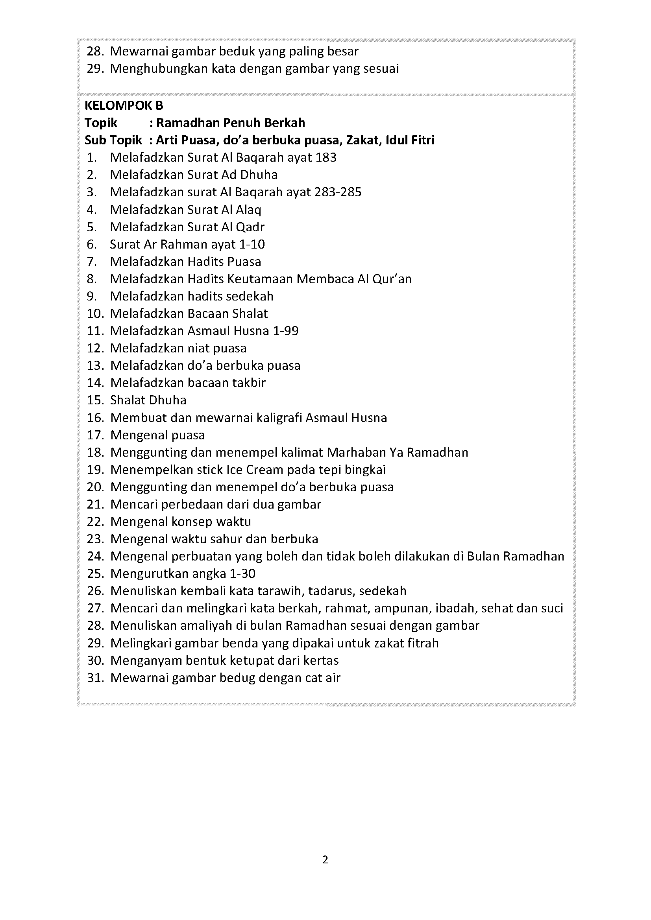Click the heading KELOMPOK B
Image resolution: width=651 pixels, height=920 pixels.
pyautogui.click(x=124, y=105)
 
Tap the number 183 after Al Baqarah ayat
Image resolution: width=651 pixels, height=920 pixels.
pyautogui.click(x=326, y=157)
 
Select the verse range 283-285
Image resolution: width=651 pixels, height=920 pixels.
pyautogui.click(x=338, y=192)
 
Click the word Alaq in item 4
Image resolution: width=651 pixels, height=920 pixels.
pyautogui.click(x=248, y=210)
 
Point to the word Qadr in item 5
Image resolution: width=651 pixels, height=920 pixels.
pyautogui.click(x=250, y=227)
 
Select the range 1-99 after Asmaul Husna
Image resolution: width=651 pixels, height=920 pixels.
pyautogui.click(x=285, y=331)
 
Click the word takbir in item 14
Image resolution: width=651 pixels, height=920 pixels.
pyautogui.click(x=249, y=383)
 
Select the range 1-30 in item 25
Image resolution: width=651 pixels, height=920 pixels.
pyautogui.click(x=242, y=574)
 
